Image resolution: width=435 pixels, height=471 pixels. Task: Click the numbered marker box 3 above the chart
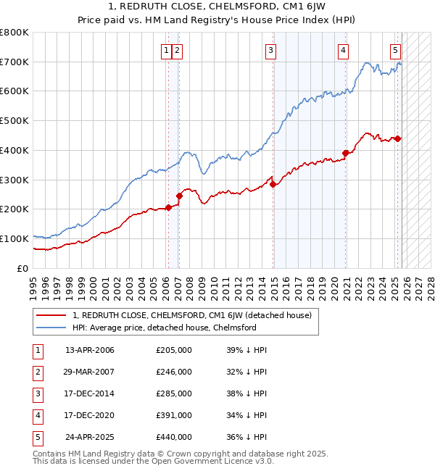(270, 50)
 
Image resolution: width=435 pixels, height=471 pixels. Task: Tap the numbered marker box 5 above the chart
(395, 50)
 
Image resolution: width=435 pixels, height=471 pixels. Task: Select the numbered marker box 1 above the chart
(167, 50)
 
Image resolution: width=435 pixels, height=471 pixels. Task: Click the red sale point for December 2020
(346, 153)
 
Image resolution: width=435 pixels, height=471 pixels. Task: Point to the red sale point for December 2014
(273, 184)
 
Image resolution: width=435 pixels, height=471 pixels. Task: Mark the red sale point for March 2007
(179, 196)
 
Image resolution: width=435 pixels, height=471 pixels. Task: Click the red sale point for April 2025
(398, 138)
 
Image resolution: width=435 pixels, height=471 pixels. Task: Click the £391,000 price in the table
(174, 415)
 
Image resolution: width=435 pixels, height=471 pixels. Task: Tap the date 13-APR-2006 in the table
(90, 350)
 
